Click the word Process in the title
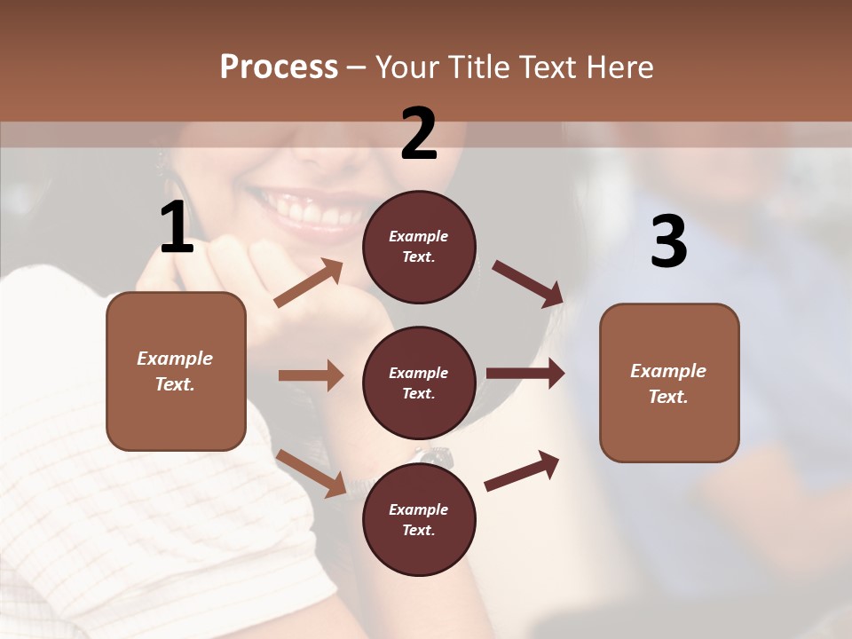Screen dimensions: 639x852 (279, 67)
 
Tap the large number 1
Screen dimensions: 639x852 (177, 229)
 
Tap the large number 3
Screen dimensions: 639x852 (668, 243)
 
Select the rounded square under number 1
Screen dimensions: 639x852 (176, 371)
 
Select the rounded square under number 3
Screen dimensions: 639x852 (669, 383)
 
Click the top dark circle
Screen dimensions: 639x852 (419, 247)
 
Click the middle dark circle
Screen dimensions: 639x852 (419, 383)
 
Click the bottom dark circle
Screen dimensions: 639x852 (419, 519)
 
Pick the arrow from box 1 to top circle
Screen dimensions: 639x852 (309, 283)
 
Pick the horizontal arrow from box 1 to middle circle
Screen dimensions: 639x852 (311, 375)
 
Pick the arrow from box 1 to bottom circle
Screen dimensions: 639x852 (311, 473)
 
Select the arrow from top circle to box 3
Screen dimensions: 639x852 (528, 284)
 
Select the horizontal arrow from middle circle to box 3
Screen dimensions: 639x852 (525, 374)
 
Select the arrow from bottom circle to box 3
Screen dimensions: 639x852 (522, 471)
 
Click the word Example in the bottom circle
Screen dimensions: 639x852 (419, 509)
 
